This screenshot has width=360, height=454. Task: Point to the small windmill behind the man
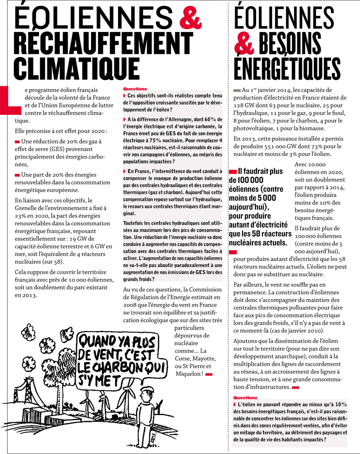(x=160, y=405)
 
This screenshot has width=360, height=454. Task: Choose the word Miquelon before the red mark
(x=188, y=374)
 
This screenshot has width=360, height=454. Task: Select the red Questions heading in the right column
(x=245, y=398)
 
